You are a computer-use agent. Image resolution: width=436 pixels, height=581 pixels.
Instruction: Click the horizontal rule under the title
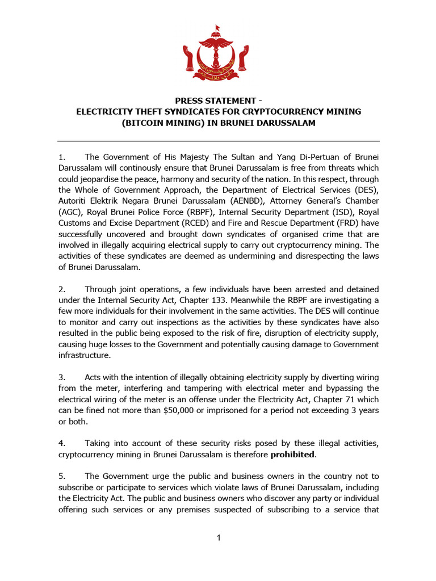pyautogui.click(x=218, y=141)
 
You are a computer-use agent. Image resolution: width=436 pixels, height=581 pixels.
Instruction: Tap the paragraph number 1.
pyautogui.click(x=62, y=157)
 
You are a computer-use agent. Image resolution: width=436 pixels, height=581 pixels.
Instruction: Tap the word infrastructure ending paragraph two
pyautogui.click(x=85, y=355)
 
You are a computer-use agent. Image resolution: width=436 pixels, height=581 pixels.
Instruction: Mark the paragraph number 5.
pyautogui.click(x=62, y=477)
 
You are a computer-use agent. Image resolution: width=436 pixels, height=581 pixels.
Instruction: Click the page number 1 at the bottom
pyautogui.click(x=218, y=538)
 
